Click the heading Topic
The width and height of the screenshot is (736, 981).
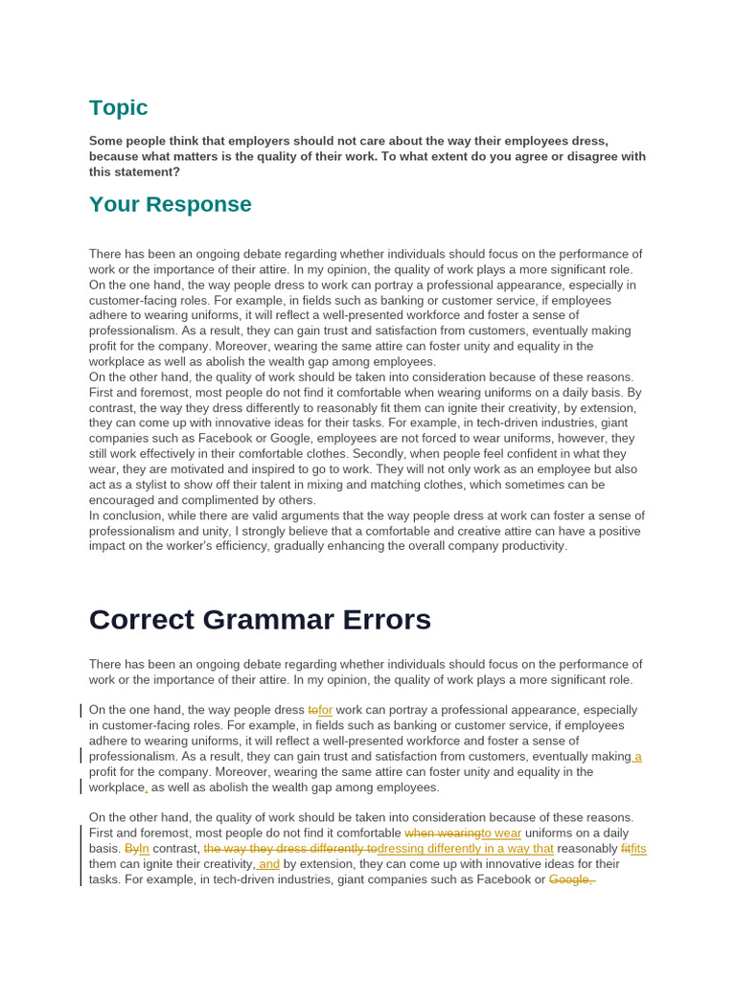(118, 107)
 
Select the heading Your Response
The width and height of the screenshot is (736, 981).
(170, 204)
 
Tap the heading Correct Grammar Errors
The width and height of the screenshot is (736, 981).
(260, 620)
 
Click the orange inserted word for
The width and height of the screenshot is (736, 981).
(324, 710)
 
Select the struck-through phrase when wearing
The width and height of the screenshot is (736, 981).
(443, 833)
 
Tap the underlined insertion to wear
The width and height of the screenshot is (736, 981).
(501, 833)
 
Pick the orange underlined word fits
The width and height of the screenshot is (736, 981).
(636, 849)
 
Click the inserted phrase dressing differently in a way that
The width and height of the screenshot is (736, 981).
(466, 849)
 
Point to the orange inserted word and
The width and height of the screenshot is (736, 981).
(268, 864)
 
